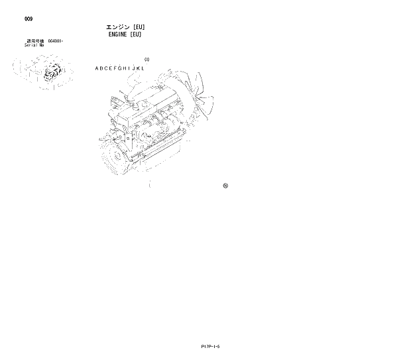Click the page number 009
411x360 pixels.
(29, 19)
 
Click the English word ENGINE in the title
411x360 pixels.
(117, 34)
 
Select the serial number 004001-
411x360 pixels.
(55, 41)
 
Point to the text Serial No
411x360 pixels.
(34, 45)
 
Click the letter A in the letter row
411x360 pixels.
(97, 68)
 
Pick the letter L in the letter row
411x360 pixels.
(142, 68)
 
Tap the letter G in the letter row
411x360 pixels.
(121, 68)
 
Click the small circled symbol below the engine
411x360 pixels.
(225, 186)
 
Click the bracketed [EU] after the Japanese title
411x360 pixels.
(139, 27)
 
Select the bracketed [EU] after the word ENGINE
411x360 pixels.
(136, 34)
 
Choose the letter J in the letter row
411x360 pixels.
(133, 68)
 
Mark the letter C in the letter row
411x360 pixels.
(107, 68)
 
